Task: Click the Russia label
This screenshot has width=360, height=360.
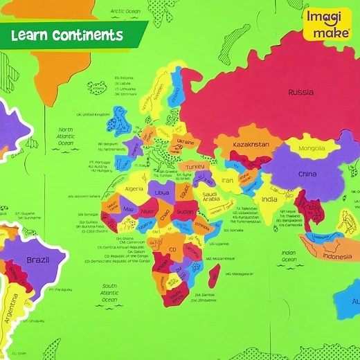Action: coord(301,92)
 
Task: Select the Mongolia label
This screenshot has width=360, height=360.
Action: coord(312,148)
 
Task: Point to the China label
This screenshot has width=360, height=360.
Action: coord(307,174)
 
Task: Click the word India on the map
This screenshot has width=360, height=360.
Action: coord(269,199)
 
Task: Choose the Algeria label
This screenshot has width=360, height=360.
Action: coord(134,188)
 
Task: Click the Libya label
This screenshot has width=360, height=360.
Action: coord(161,192)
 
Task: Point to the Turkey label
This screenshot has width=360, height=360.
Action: coord(195,167)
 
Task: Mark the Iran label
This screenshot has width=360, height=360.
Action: coord(228,181)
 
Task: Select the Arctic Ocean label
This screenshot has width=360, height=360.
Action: coord(125,11)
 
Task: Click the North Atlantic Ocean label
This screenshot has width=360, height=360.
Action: coord(66,136)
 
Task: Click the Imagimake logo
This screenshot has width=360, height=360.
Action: coord(326,24)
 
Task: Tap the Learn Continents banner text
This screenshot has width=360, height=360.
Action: coord(66,35)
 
